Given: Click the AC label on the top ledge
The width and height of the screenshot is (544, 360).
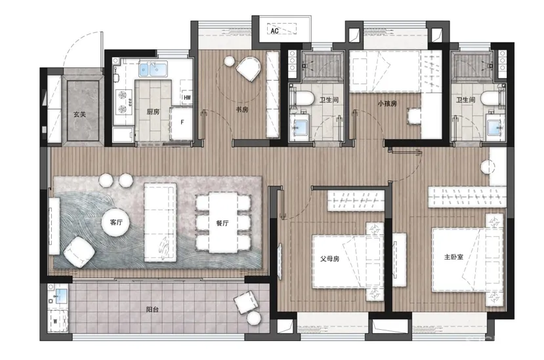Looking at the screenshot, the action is pos(274,31).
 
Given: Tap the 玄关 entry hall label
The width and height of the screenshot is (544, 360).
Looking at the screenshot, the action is pos(79,114).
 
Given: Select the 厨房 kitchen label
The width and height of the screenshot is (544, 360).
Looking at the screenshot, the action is pos(153,111).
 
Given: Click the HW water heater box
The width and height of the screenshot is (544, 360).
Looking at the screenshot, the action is pos(187,98).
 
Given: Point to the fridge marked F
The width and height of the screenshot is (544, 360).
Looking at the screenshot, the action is pos(182,123).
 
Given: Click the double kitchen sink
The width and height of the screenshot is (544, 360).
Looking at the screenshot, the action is pos(153,69).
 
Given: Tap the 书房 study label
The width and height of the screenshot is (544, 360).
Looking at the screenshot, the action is pos(242,110).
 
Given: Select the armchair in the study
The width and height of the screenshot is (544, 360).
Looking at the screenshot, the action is pos(249,68).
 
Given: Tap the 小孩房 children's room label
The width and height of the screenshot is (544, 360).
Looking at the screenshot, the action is pos(387,104).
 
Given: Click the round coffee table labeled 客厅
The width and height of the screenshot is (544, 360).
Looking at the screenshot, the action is pos(115,222).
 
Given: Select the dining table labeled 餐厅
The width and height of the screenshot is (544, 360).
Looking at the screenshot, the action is pos(222,222).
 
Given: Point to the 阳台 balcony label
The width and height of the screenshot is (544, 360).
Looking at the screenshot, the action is pos(152,310).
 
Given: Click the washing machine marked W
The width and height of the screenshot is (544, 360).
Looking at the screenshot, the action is pos(56,321).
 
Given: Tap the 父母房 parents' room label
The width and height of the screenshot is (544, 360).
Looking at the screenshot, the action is pos(329,259).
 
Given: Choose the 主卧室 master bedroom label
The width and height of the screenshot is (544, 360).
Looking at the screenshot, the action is pos(453,257).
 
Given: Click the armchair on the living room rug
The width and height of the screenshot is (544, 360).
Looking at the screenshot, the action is pos(79,252).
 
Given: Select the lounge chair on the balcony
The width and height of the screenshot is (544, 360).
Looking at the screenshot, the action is pos(246,302).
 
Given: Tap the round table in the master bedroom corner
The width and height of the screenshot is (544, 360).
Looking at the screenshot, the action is pos(488,167).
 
